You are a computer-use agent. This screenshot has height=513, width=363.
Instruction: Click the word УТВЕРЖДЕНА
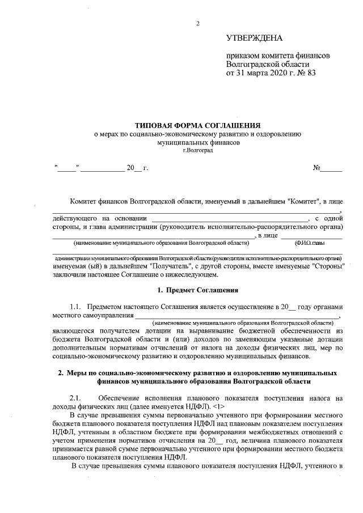pos(254,39)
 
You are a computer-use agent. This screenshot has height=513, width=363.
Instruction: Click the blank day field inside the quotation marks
pos(67,168)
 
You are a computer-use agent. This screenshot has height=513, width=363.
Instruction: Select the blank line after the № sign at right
pos(332,168)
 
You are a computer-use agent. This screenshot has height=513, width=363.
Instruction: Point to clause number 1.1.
pos(76,307)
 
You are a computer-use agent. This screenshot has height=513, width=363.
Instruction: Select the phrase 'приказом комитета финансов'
pos(277,56)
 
